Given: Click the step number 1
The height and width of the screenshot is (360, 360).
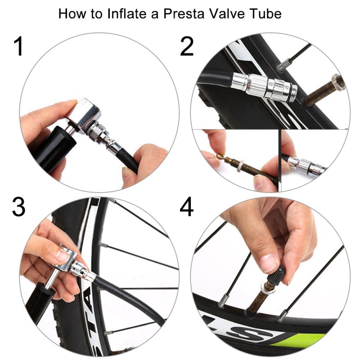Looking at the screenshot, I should click(18, 47).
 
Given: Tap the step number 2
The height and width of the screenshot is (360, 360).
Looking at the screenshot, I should click(187, 47).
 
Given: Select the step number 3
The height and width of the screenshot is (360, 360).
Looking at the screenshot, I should click(18, 207).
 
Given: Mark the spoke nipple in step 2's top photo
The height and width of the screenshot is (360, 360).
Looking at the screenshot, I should click(282, 67).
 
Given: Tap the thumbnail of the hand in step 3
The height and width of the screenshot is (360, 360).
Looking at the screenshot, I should click(63, 256).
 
